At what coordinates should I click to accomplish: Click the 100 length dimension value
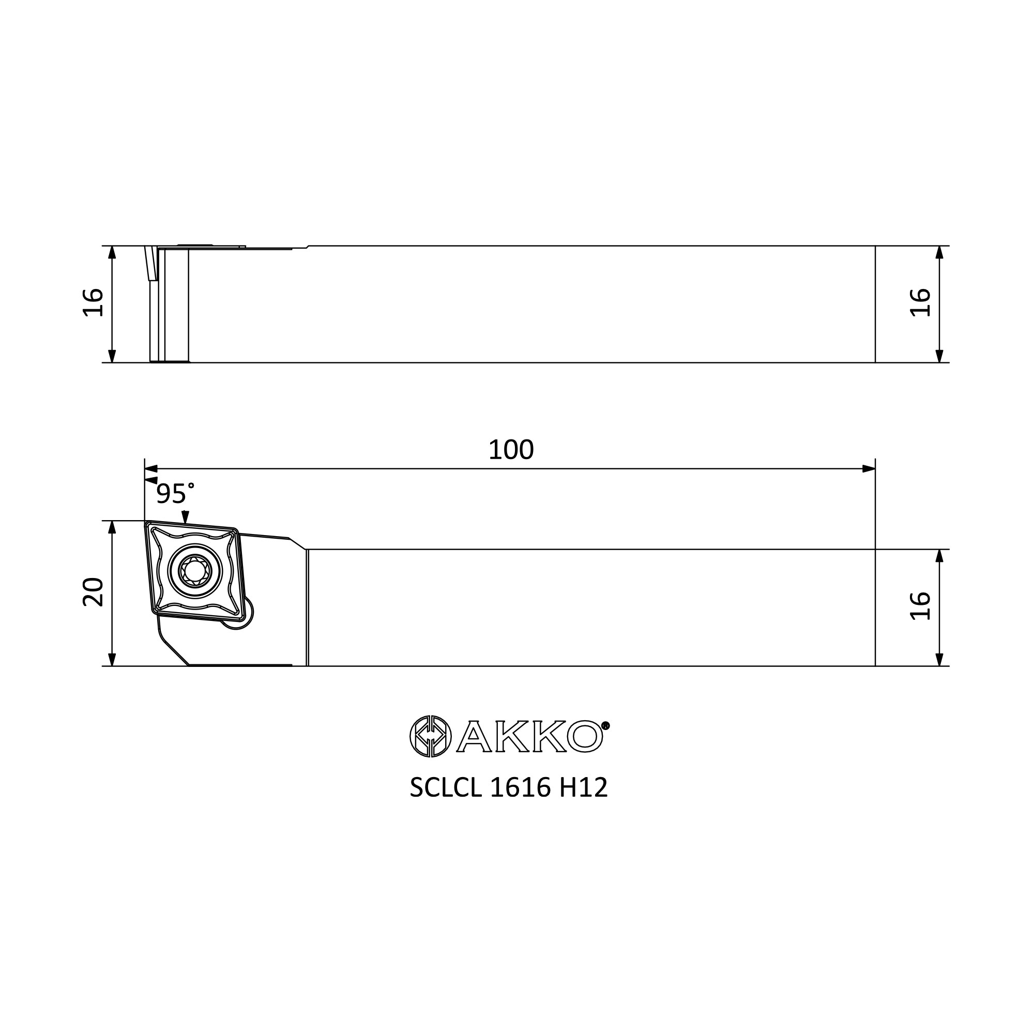[511, 450]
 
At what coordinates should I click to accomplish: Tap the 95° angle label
[175, 493]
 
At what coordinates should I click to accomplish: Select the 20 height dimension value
[93, 592]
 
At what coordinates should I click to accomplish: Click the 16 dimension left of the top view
[93, 303]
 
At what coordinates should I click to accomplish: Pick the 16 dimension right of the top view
[921, 303]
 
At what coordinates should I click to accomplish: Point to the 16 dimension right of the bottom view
[921, 606]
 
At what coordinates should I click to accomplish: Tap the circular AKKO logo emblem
[430, 736]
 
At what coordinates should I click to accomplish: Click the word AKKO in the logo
[530, 736]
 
